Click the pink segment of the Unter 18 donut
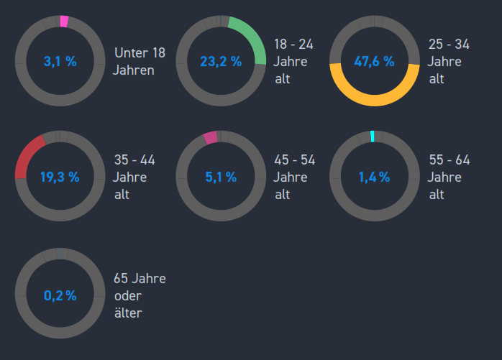click(64, 22)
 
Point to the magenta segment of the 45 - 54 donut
click(210, 137)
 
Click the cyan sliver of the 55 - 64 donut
click(372, 136)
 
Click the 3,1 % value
click(60, 62)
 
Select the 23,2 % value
click(220, 62)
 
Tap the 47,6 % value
click(374, 62)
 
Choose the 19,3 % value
click(60, 177)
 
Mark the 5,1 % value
click(220, 177)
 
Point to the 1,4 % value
click(374, 177)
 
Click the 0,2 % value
click(60, 295)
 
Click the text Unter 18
click(140, 53)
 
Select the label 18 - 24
click(293, 45)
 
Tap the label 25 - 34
click(448, 45)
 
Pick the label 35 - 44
click(134, 160)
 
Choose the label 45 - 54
click(294, 160)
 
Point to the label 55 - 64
click(448, 160)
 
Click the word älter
click(127, 313)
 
